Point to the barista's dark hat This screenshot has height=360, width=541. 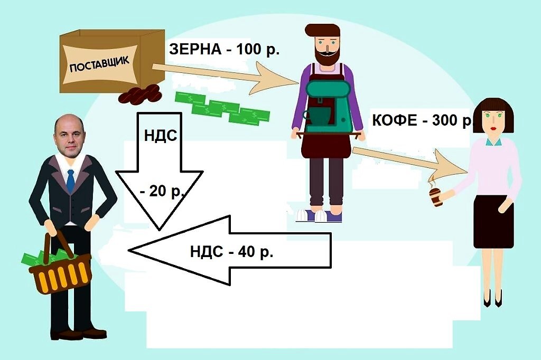322,30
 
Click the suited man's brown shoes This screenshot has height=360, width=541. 79,334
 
